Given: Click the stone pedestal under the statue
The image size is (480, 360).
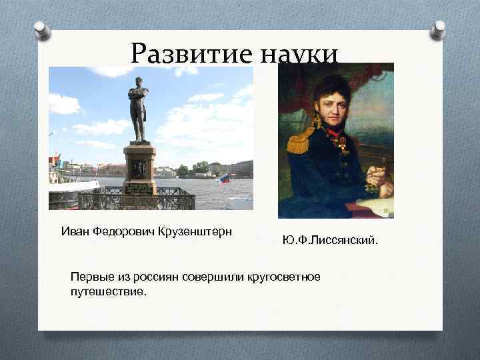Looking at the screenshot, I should (x=139, y=169).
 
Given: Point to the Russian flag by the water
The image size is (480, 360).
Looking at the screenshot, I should (x=224, y=179).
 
